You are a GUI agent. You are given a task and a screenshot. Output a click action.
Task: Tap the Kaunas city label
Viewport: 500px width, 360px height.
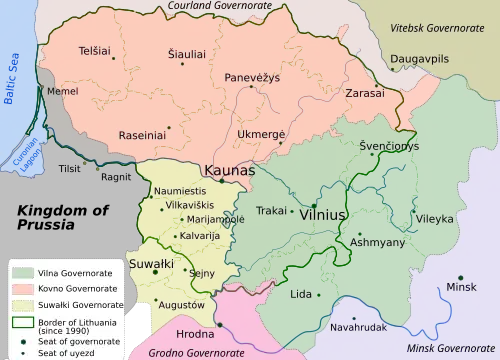point(230,171)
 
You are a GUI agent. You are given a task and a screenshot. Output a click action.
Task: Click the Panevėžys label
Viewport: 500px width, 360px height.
point(251,77)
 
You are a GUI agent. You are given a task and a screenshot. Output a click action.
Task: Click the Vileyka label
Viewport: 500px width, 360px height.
point(434,217)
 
